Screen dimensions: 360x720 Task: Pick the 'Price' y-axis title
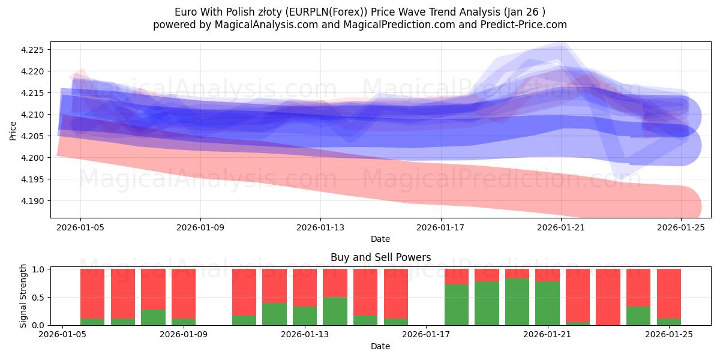13,130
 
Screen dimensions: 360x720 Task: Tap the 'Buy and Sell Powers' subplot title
380,257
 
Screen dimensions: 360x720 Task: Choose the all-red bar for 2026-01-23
608,297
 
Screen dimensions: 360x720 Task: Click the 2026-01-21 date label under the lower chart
547,334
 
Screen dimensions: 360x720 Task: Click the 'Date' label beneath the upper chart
380,239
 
